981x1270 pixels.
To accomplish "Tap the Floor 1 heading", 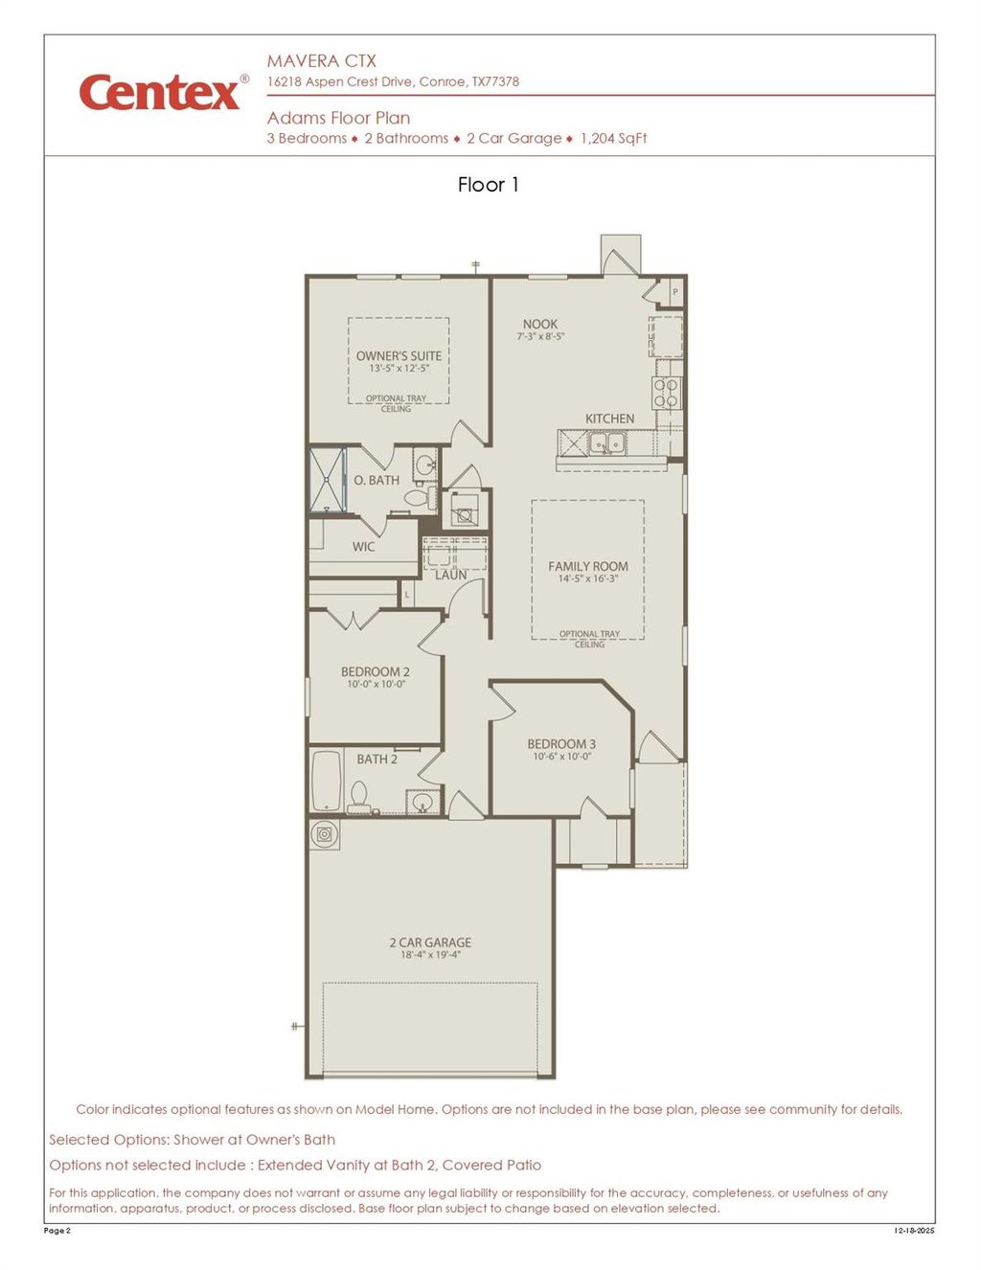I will pos(488,185).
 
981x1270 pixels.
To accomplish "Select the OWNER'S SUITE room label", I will pos(399,355).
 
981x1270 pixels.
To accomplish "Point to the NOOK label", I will pos(540,324).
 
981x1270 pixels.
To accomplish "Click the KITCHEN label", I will pos(609,419).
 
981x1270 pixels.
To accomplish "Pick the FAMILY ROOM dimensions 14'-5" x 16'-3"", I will pos(588,578).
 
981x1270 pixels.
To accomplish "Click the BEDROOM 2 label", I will pos(376,671).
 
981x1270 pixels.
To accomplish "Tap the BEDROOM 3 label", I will pos(561,743).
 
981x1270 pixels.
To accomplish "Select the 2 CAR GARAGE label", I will pos(430,942).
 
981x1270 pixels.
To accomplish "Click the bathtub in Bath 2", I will pos(327,780).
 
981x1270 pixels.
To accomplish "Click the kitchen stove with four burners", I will pos(667,394).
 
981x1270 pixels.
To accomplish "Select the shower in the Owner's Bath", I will pos(327,479).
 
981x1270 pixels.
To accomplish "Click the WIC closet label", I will pos(363,547).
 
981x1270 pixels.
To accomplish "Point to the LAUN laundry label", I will pos(451,575).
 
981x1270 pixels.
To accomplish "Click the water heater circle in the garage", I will pos(325,834).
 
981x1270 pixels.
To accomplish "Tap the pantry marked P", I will pos(675,291).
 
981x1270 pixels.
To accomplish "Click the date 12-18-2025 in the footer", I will pos(914,1231).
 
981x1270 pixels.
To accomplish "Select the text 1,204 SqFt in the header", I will pos(613,138).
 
